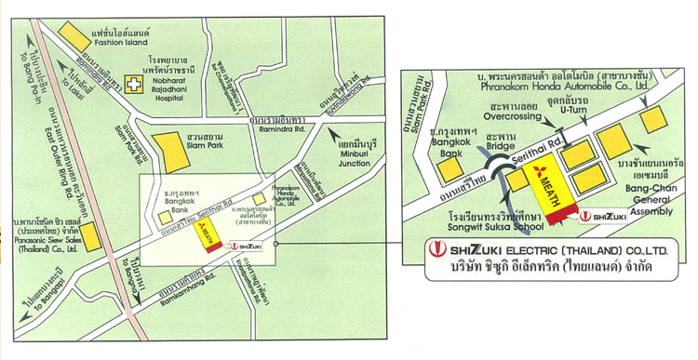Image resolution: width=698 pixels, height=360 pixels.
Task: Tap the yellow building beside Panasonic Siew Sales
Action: coord(90,236)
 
